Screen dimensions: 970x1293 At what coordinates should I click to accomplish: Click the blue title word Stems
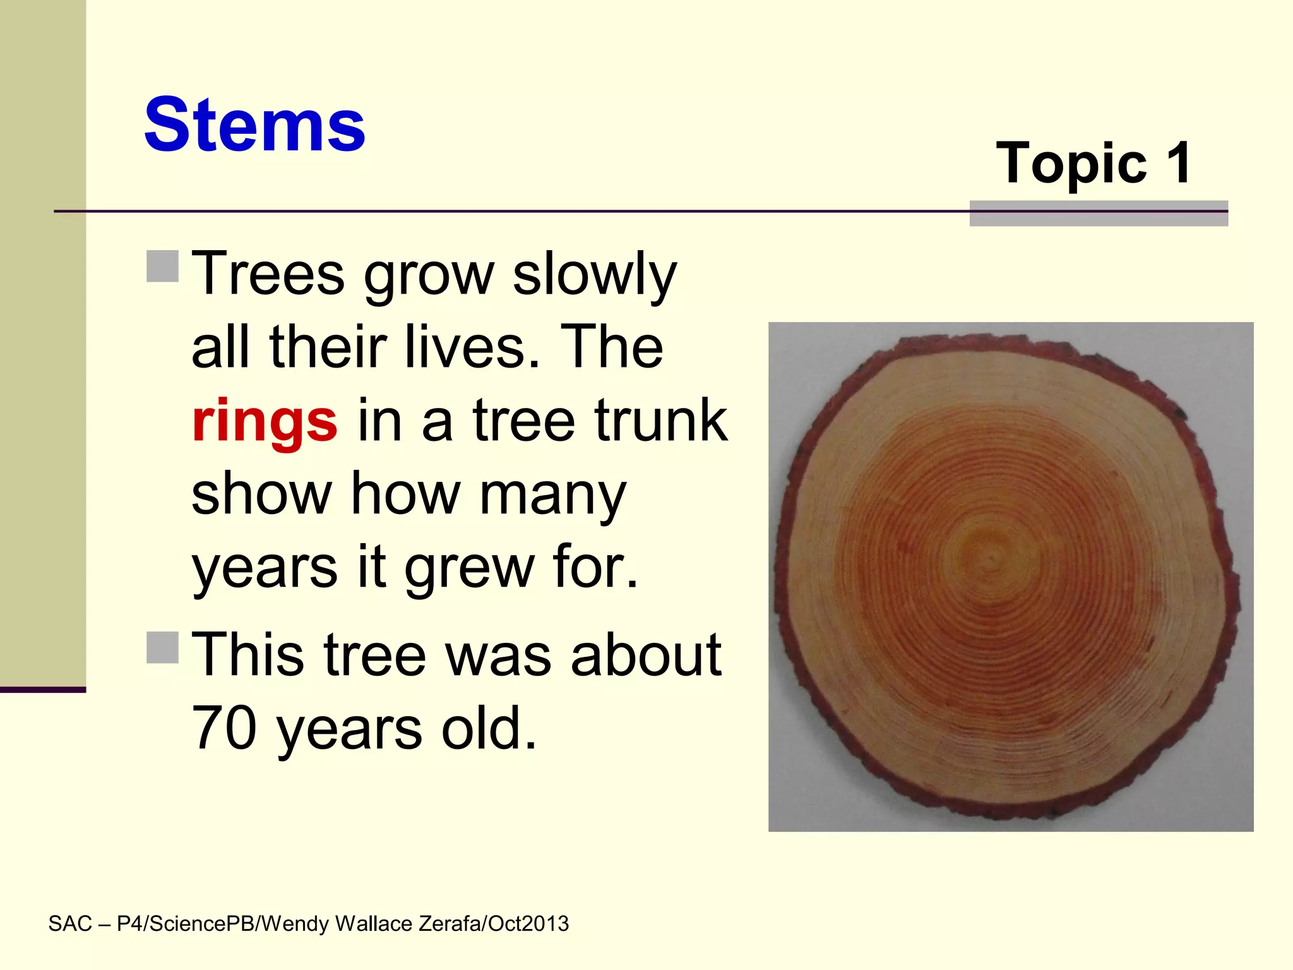click(x=254, y=125)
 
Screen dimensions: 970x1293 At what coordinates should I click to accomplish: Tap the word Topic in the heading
click(x=1071, y=164)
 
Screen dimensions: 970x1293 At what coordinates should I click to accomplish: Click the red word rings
click(x=265, y=422)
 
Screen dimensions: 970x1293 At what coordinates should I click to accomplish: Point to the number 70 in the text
click(x=223, y=728)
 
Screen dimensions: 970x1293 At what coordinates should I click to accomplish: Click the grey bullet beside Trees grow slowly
click(x=163, y=266)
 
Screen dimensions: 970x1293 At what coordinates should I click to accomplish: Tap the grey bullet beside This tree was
click(x=163, y=647)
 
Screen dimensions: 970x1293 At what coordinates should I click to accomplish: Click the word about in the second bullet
click(x=645, y=655)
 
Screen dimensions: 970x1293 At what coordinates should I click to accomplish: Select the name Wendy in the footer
click(x=294, y=924)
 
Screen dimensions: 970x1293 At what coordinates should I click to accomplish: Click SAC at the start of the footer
click(x=70, y=924)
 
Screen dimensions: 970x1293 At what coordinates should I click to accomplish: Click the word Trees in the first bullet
click(x=268, y=274)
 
